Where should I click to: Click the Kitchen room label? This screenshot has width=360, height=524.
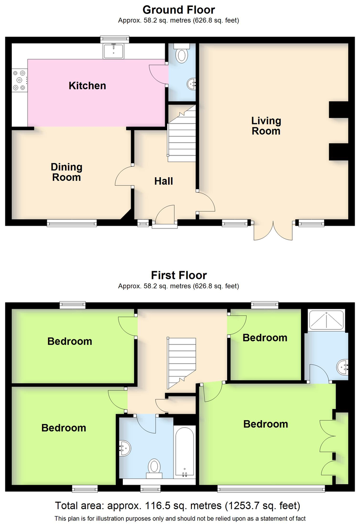click(87, 86)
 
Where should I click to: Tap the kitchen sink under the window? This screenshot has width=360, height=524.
click(114, 51)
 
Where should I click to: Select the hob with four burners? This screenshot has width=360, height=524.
click(19, 80)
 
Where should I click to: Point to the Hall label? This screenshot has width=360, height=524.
click(163, 181)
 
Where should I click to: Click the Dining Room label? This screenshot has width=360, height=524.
click(66, 172)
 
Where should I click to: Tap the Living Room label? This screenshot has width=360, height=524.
click(266, 126)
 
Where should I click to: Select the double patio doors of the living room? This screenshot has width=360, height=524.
click(273, 231)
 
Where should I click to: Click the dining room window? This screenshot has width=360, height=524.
click(72, 223)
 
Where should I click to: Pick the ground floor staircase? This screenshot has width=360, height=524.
click(182, 133)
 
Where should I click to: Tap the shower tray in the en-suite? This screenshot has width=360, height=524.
click(327, 320)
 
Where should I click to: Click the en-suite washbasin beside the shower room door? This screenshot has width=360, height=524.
click(342, 367)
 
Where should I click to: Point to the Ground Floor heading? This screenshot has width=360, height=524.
click(179, 10)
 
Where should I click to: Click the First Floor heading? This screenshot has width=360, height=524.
click(179, 275)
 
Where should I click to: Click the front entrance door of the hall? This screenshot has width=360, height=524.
click(165, 215)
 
